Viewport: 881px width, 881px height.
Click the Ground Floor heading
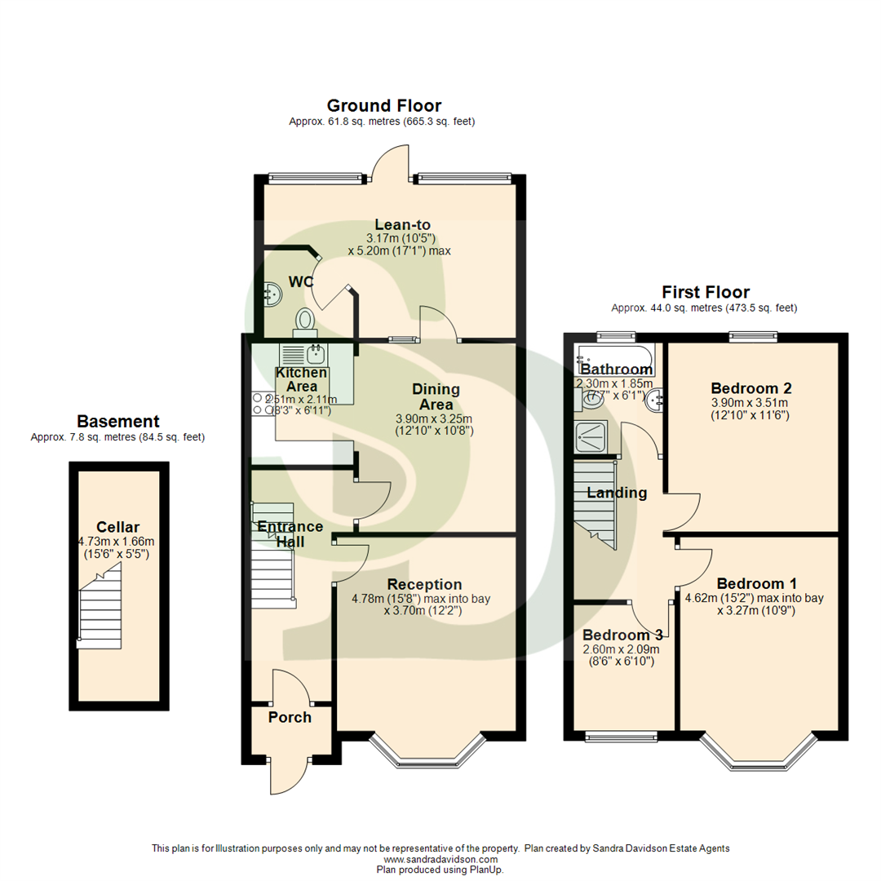tap(383, 105)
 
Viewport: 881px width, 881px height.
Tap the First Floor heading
tap(705, 292)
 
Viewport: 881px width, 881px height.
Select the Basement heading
tap(117, 421)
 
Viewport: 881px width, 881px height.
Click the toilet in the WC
tap(305, 320)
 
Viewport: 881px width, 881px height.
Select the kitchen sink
tap(316, 354)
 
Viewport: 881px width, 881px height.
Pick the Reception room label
tap(424, 584)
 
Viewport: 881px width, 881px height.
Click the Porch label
tap(290, 717)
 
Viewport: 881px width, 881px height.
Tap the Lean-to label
tap(402, 224)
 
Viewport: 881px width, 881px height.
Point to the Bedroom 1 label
tap(756, 584)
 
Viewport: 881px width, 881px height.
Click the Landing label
tap(618, 493)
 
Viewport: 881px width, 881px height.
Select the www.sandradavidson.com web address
tap(440, 860)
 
